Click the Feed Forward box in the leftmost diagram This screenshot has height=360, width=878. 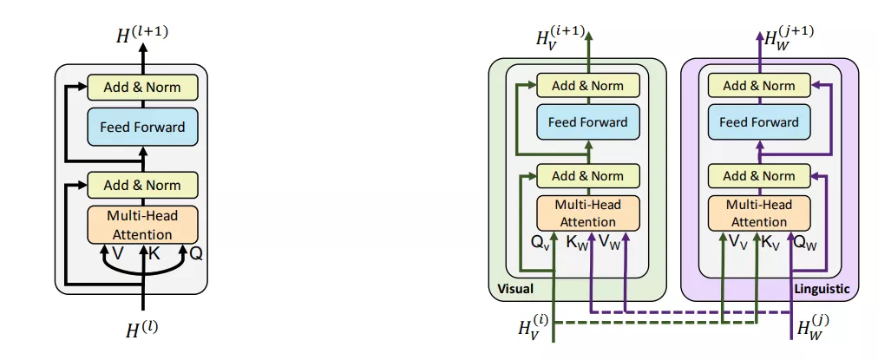click(142, 128)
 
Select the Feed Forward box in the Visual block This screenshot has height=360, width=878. click(587, 122)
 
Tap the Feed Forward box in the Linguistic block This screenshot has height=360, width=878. click(759, 122)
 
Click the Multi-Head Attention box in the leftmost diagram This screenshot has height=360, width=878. click(142, 224)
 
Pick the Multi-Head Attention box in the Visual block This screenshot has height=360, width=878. click(587, 213)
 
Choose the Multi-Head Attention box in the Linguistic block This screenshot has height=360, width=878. click(759, 213)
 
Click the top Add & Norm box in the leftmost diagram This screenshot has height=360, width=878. click(142, 87)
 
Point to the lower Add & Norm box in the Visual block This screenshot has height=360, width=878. click(587, 176)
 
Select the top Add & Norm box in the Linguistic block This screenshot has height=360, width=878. click(759, 86)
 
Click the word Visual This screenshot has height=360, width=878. click(515, 288)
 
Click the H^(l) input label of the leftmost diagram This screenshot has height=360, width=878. click(142, 329)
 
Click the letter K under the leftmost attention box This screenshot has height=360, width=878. click(154, 253)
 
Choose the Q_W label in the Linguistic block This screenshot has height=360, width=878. click(803, 243)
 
